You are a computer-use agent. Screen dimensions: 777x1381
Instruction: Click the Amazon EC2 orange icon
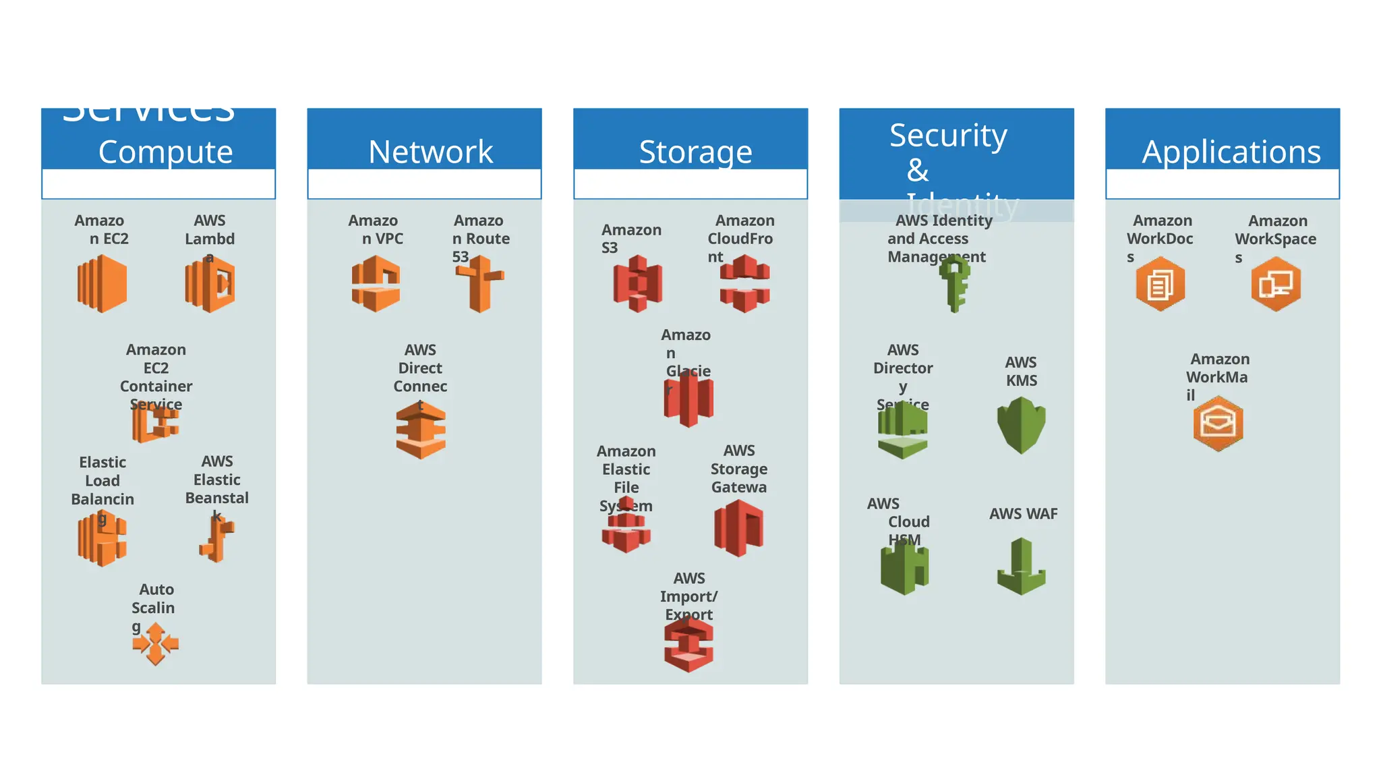(102, 284)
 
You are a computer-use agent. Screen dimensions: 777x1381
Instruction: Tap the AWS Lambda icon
(210, 285)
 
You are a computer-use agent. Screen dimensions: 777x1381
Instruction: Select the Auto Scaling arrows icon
(156, 643)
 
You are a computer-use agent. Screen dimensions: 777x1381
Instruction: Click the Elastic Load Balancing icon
(102, 539)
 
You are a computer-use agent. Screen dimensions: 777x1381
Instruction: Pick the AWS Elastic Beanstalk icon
(217, 539)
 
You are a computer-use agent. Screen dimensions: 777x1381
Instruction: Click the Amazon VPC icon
(376, 284)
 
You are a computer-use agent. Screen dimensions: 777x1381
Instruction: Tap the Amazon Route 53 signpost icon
(479, 284)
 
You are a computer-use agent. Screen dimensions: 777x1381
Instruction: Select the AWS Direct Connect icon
(421, 430)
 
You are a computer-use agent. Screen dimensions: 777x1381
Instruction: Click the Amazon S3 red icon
(637, 284)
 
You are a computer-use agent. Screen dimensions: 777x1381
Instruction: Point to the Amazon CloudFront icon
(744, 284)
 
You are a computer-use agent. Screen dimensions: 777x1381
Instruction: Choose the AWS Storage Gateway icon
(738, 529)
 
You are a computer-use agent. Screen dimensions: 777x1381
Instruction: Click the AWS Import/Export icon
(688, 645)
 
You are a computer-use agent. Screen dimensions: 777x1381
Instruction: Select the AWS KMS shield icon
(1021, 425)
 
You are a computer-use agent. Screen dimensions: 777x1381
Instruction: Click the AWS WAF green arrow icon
(1022, 567)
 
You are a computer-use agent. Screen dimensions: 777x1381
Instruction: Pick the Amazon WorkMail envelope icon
(1218, 424)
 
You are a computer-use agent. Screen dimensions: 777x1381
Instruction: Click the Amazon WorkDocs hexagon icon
(1160, 284)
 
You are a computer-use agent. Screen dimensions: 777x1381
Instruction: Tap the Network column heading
(430, 152)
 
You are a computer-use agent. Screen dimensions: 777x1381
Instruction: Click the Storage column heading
(695, 152)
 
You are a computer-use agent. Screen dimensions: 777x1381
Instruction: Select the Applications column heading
(1231, 152)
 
